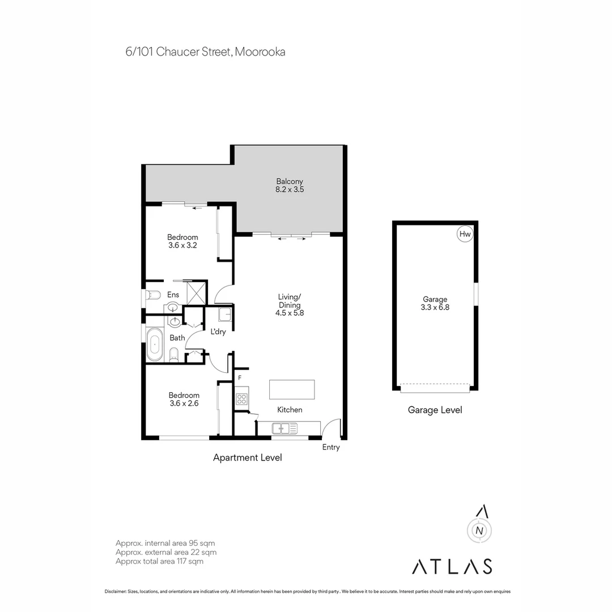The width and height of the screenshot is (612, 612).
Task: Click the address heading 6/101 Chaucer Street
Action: pos(205,52)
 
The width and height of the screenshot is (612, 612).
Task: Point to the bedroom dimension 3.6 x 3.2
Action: pos(182,246)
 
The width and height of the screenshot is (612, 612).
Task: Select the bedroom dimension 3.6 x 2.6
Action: pos(184,403)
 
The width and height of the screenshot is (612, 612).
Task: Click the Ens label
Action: pos(173,295)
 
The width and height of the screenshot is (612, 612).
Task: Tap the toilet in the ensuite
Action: pos(153,295)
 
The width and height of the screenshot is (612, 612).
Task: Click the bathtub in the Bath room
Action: pos(154,345)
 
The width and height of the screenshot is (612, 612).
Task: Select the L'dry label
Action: pos(218,332)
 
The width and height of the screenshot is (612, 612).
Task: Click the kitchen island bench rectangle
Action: pos(291,390)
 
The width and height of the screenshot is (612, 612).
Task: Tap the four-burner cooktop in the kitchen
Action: pos(242,398)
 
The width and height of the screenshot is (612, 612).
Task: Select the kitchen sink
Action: pos(281,428)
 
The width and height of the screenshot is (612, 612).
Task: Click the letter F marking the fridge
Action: pos(240,378)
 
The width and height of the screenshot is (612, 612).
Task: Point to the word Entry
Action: pos(331,448)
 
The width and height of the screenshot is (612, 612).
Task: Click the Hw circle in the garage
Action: pos(465,234)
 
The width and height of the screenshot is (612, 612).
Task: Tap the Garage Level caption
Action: pos(435,410)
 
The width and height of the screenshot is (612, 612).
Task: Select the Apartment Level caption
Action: pos(247,457)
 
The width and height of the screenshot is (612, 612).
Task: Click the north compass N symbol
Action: pos(479,530)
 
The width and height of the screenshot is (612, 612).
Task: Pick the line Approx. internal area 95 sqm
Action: pos(165,543)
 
